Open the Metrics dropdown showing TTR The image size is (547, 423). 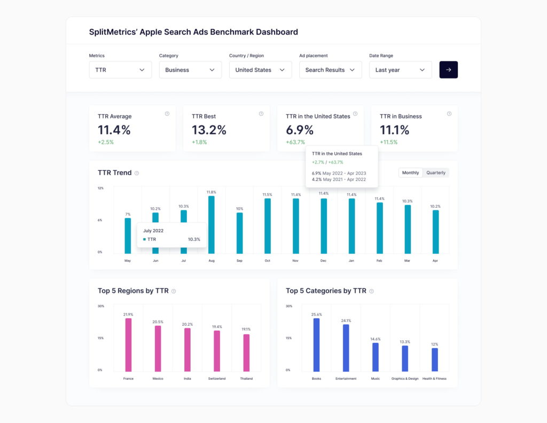[x=120, y=70]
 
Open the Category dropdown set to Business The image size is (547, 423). [x=190, y=70]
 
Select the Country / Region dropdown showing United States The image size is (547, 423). [x=260, y=70]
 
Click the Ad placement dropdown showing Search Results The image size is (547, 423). [x=330, y=70]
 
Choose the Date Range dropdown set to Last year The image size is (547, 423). [x=400, y=70]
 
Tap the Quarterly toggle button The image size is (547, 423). [x=436, y=173]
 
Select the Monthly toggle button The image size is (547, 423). [x=411, y=173]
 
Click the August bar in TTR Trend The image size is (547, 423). [x=212, y=224]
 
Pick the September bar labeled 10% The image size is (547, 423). [x=239, y=233]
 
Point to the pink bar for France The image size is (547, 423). [x=128, y=344]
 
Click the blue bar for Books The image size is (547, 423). [x=316, y=344]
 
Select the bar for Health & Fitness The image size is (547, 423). [x=434, y=359]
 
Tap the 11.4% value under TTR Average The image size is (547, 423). [x=114, y=130]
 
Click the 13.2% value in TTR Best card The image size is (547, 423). [x=209, y=130]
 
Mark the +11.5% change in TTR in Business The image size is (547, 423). [x=388, y=142]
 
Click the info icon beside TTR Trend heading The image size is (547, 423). [x=137, y=173]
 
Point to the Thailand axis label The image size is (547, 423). [x=246, y=379]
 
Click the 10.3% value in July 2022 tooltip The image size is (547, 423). [x=194, y=239]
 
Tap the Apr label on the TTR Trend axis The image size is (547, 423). [x=435, y=261]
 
